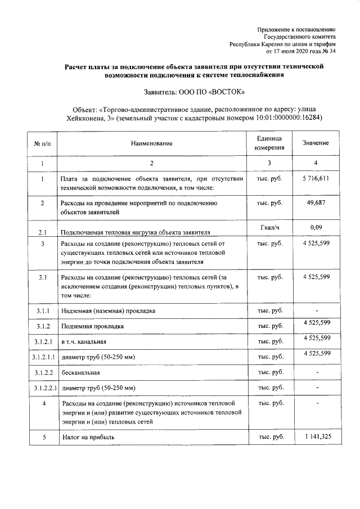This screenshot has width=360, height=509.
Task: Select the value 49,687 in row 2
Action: pos(316,202)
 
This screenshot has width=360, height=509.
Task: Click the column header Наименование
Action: pos(151,143)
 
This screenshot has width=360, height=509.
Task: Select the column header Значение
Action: pos(316,143)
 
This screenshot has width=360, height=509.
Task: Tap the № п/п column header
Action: pos(42,143)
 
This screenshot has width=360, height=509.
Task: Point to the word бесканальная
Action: pos(80,372)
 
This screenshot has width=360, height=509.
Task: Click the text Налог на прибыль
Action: pos(89,437)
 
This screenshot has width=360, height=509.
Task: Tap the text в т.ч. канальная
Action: pos(83,341)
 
